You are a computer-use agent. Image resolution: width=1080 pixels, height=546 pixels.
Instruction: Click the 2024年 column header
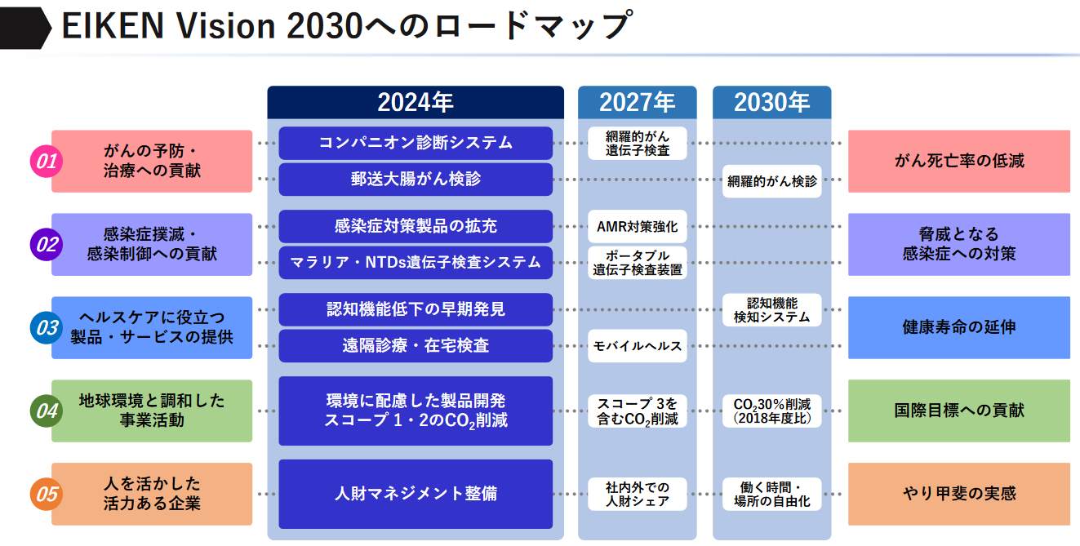pyautogui.click(x=416, y=102)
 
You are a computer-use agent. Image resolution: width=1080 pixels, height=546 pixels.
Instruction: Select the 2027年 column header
pyautogui.click(x=637, y=102)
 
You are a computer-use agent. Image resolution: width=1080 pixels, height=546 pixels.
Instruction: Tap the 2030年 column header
pyautogui.click(x=771, y=102)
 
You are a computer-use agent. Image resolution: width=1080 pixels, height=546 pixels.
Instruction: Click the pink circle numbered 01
pyautogui.click(x=47, y=161)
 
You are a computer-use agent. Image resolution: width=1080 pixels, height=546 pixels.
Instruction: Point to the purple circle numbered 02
pyautogui.click(x=47, y=244)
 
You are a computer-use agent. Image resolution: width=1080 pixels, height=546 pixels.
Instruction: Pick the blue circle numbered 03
pyautogui.click(x=47, y=328)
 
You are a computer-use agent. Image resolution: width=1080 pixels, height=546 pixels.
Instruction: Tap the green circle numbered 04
pyautogui.click(x=47, y=411)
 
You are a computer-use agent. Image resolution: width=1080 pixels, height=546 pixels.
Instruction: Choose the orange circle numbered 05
pyautogui.click(x=47, y=494)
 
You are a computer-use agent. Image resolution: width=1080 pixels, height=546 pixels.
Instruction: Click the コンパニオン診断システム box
pyautogui.click(x=416, y=143)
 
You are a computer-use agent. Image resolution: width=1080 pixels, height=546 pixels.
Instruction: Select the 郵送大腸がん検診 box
pyautogui.click(x=416, y=180)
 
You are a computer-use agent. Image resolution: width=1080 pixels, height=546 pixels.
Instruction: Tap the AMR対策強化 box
pyautogui.click(x=637, y=226)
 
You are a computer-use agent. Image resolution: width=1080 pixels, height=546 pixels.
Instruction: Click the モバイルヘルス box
pyautogui.click(x=637, y=345)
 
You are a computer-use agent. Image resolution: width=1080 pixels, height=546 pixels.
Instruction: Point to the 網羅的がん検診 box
pyautogui.click(x=771, y=181)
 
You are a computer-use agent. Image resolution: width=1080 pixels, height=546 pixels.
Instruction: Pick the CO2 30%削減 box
pyautogui.click(x=771, y=411)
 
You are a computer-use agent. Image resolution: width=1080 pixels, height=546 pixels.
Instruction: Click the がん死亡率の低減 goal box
pyautogui.click(x=959, y=161)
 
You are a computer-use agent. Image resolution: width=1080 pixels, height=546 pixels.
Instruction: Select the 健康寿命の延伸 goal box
pyautogui.click(x=959, y=328)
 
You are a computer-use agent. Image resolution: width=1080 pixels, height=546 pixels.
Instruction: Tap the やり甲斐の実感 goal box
pyautogui.click(x=959, y=494)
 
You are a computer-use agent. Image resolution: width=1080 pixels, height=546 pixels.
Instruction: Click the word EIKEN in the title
pyautogui.click(x=113, y=25)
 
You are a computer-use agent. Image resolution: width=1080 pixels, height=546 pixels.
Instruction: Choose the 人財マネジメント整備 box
pyautogui.click(x=416, y=494)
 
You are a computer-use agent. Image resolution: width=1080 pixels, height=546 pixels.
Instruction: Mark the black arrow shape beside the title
pyautogui.click(x=24, y=28)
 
